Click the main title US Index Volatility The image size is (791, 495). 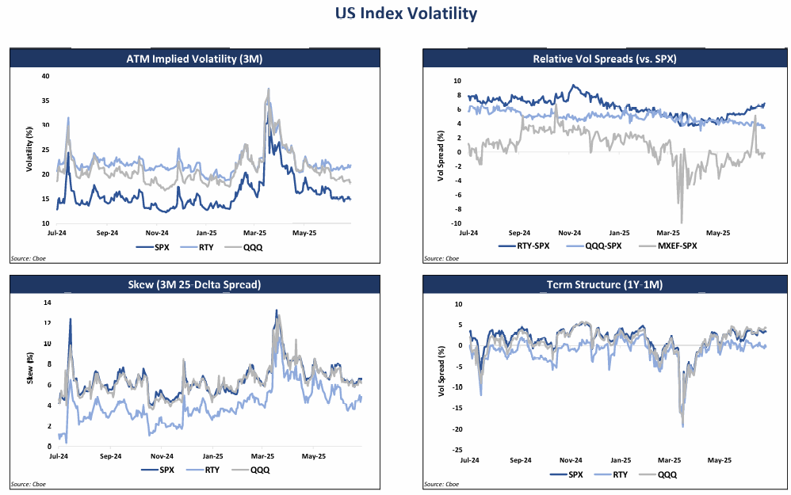point(395,13)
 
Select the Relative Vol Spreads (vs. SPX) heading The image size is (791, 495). point(604,59)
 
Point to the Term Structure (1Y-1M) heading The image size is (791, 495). point(604,284)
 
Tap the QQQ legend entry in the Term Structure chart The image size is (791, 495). point(666,474)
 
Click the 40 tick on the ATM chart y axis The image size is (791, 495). point(45,76)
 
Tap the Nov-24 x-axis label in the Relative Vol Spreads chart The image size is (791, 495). point(569,234)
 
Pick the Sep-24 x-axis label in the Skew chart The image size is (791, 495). point(110,456)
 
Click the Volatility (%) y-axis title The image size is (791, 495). point(29,149)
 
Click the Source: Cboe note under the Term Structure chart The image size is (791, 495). point(441,484)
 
